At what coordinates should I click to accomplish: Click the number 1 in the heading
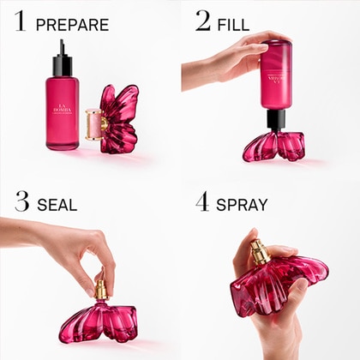click(x=20, y=21)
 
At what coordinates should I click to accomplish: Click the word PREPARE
click(x=72, y=24)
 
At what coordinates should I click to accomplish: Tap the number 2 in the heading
click(x=203, y=21)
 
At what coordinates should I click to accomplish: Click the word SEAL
click(x=57, y=205)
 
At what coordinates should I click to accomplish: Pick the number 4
click(x=202, y=203)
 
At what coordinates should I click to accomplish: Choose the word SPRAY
click(x=242, y=206)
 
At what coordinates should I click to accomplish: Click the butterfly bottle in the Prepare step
click(x=120, y=120)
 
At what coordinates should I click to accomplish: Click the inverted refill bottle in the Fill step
click(x=277, y=77)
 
